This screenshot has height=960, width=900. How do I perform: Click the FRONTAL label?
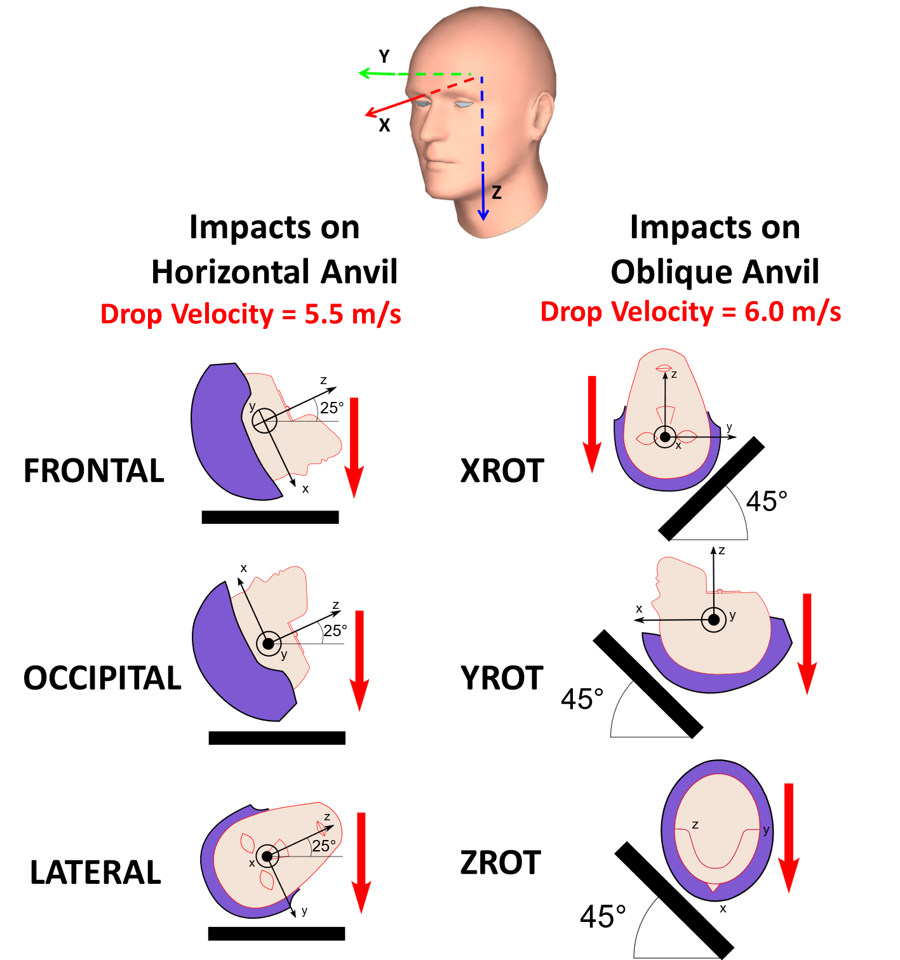(94, 471)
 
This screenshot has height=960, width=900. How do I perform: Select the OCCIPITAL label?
(102, 677)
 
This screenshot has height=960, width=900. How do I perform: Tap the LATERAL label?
(96, 872)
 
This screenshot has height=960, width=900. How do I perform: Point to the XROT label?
(502, 471)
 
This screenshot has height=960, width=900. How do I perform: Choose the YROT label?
(502, 677)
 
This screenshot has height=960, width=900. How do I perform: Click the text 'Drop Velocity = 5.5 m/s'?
(250, 314)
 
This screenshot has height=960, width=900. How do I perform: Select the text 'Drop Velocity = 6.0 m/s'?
(690, 312)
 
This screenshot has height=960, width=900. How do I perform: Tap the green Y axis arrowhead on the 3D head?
(364, 73)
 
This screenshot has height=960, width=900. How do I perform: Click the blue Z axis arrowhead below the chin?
(483, 215)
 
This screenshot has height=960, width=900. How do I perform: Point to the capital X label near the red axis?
(384, 125)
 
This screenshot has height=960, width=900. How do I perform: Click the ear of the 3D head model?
(542, 116)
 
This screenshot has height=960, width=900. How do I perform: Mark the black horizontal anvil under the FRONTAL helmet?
(271, 517)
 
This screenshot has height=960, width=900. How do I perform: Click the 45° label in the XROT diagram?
(767, 501)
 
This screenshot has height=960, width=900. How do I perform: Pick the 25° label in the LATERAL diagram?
(323, 846)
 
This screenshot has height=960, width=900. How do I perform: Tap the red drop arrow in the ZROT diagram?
(789, 837)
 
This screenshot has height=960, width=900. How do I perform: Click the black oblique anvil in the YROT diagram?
(648, 684)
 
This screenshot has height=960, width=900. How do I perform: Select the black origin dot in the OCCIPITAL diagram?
(269, 643)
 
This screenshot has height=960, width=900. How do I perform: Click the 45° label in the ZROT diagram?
(603, 916)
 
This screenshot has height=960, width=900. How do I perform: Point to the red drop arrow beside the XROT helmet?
(592, 424)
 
